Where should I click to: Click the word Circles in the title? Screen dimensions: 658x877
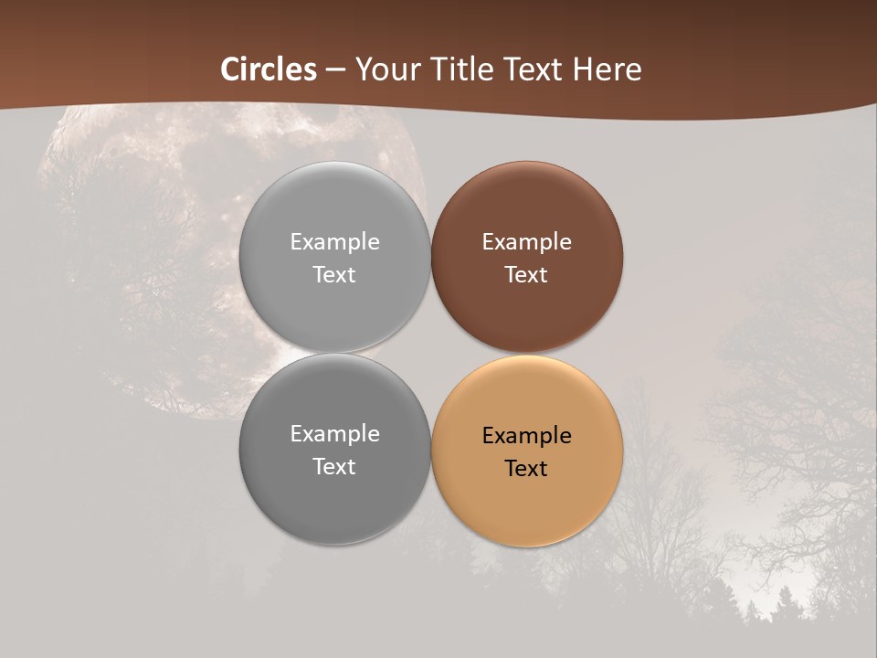click(x=269, y=69)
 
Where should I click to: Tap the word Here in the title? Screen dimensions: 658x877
click(x=610, y=69)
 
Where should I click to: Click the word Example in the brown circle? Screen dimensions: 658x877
click(x=526, y=242)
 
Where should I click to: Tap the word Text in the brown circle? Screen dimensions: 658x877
click(x=526, y=275)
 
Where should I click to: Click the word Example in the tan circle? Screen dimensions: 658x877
click(x=526, y=436)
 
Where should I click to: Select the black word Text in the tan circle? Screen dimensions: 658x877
click(x=526, y=469)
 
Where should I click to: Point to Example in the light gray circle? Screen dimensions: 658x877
click(x=334, y=242)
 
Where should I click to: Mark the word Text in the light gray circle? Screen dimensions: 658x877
click(x=334, y=275)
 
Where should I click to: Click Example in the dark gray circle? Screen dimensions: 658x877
click(x=334, y=434)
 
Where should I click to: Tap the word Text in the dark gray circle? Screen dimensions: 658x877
click(x=334, y=467)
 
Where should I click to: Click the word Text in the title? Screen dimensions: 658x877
click(x=540, y=69)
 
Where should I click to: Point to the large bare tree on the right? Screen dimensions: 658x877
click(x=795, y=411)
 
